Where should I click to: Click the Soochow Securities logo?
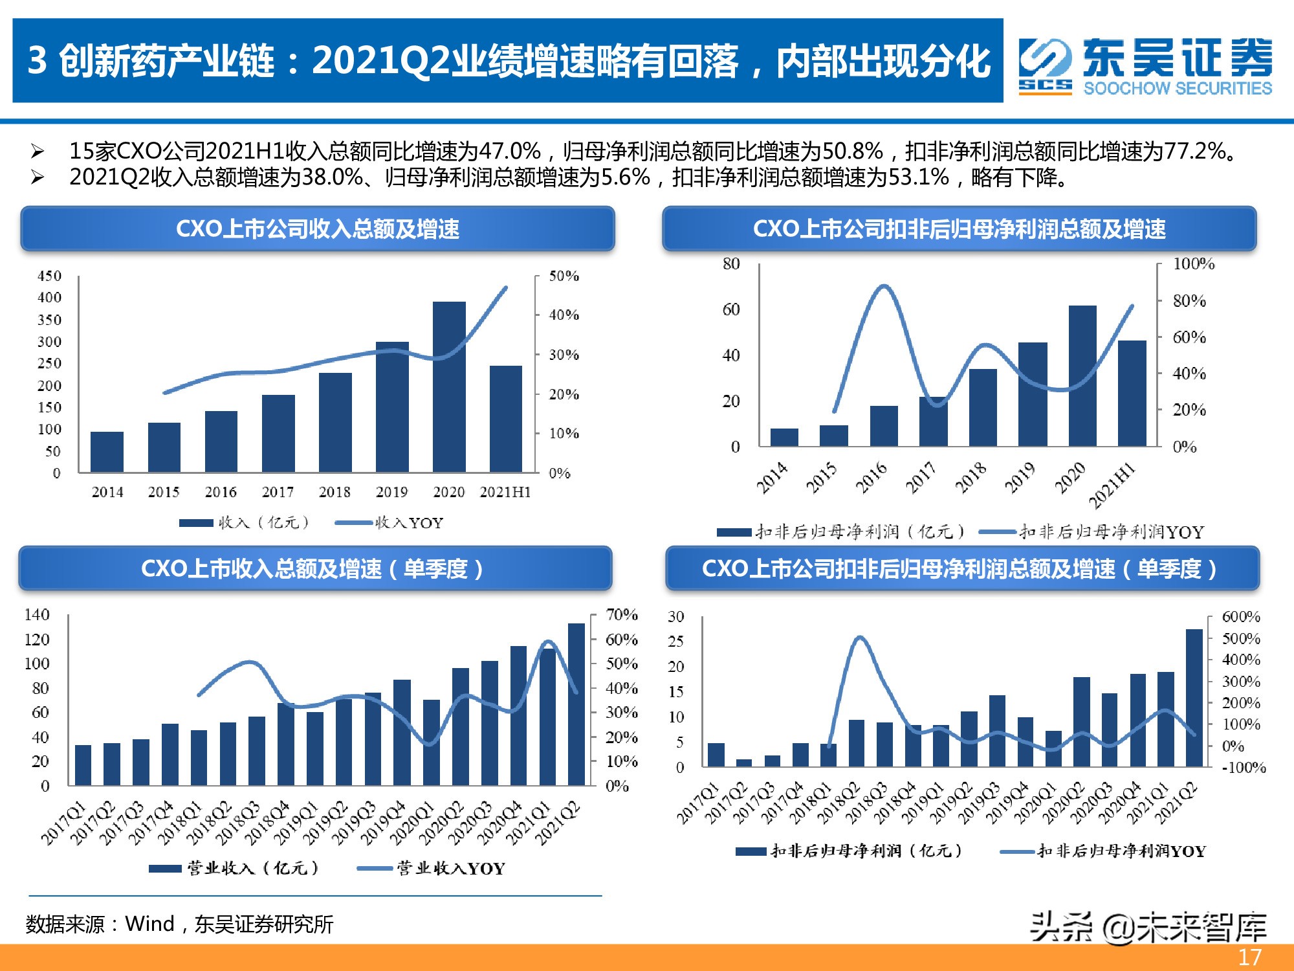(x=1145, y=65)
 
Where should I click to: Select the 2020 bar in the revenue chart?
(x=449, y=387)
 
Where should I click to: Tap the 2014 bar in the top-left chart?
(x=107, y=452)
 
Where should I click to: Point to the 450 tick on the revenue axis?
(x=49, y=276)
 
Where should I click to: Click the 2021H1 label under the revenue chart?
(x=505, y=492)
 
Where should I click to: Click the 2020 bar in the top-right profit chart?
(x=1082, y=375)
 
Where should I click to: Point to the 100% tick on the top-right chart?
(x=1194, y=263)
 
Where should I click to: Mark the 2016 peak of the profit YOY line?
(x=884, y=285)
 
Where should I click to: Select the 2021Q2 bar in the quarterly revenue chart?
(x=576, y=704)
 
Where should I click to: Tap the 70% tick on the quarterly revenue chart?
(x=622, y=614)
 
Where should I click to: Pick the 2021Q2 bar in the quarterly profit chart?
(x=1194, y=698)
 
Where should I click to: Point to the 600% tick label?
(x=1241, y=617)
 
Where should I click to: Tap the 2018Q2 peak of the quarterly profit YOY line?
(x=859, y=638)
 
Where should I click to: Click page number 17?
(x=1250, y=957)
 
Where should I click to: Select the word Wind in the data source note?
(x=149, y=924)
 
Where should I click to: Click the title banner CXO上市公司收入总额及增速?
(x=317, y=229)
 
